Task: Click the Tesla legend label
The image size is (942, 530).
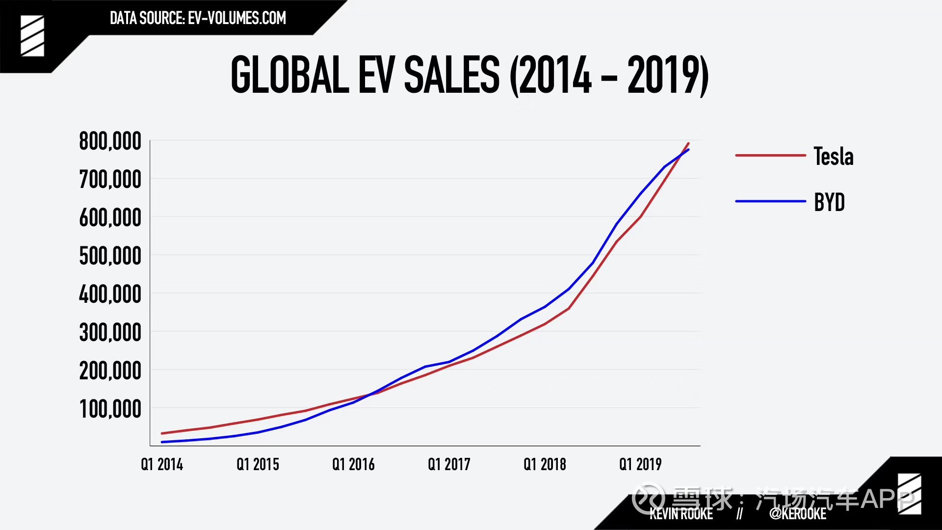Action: click(x=834, y=157)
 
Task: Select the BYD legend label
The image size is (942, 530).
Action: click(x=829, y=202)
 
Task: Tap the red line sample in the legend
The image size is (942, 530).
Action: click(x=770, y=156)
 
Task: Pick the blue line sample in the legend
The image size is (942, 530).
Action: click(x=770, y=201)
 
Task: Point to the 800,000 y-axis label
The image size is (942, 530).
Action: click(x=110, y=141)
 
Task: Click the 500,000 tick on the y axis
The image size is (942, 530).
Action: click(x=110, y=256)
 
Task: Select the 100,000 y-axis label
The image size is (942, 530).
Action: click(x=110, y=409)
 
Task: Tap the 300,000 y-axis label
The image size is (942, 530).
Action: click(x=110, y=333)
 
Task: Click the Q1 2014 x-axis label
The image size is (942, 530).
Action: click(x=162, y=464)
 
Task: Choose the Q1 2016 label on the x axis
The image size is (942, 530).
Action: click(x=353, y=464)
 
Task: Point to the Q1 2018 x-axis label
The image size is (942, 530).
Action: click(x=545, y=464)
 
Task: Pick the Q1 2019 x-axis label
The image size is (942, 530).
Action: click(x=640, y=464)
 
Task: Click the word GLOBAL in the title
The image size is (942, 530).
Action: click(x=290, y=75)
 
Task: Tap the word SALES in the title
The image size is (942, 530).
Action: click(x=452, y=75)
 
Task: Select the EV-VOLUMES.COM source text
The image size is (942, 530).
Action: click(x=237, y=18)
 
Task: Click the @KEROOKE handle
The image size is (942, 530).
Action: click(x=798, y=514)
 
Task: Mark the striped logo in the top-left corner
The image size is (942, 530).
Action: click(x=32, y=36)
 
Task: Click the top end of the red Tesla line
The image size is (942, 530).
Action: click(x=688, y=143)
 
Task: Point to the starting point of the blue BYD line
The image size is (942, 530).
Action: click(x=162, y=442)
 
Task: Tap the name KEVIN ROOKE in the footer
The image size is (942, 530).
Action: click(x=681, y=514)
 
